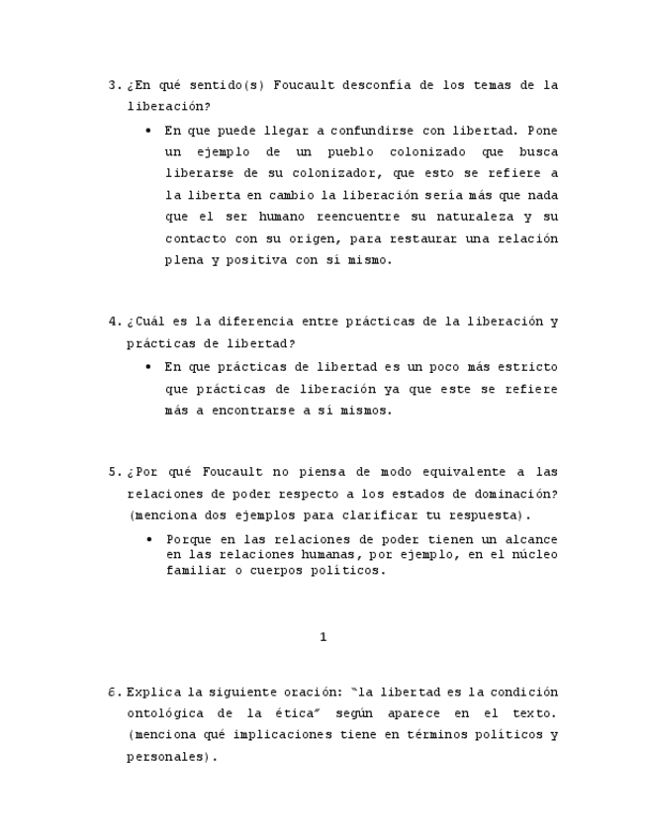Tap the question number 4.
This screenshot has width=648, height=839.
pyautogui.click(x=112, y=322)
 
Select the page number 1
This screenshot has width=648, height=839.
pyautogui.click(x=324, y=637)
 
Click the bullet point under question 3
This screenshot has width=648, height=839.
pyautogui.click(x=148, y=130)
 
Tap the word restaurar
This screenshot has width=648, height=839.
pyautogui.click(x=437, y=238)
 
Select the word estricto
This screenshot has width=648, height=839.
pyautogui.click(x=523, y=367)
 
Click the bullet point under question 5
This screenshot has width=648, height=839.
pyautogui.click(x=148, y=539)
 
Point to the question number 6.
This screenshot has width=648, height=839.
pyautogui.click(x=112, y=692)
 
